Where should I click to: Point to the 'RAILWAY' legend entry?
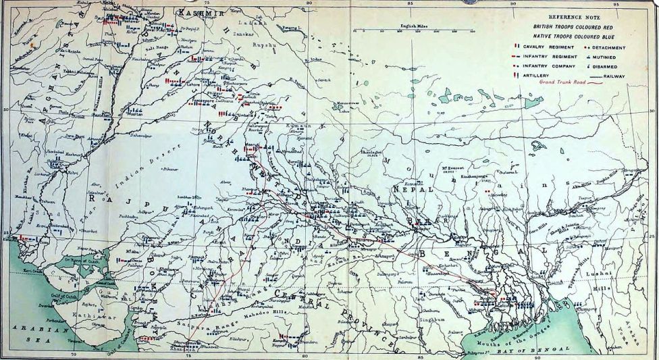[x=612, y=77]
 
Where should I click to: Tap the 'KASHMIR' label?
[x=194, y=12]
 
